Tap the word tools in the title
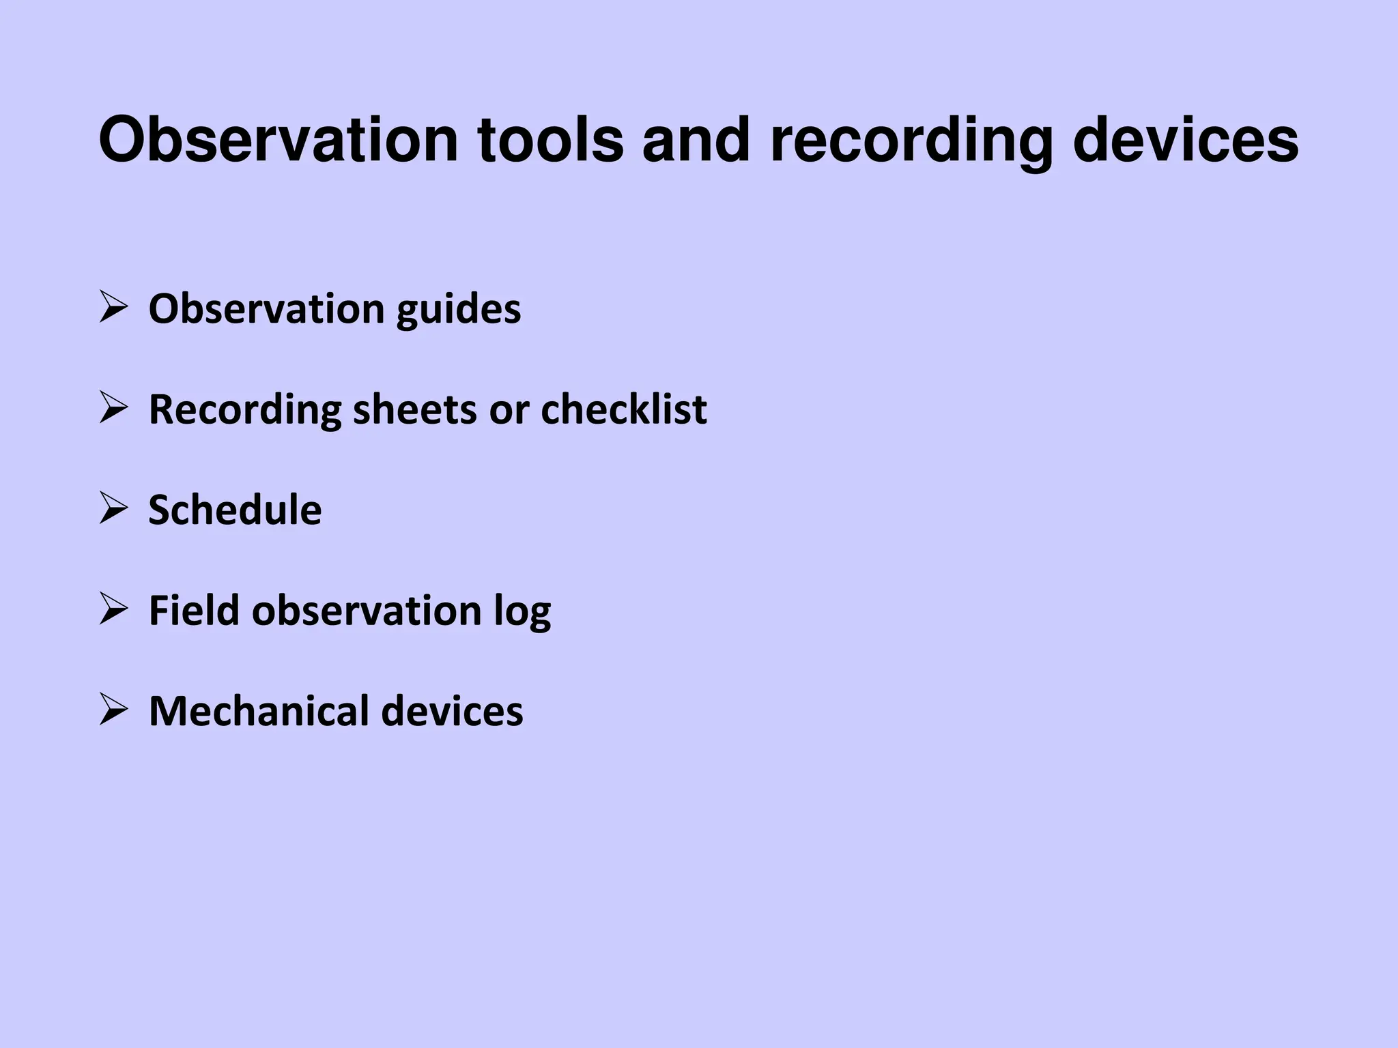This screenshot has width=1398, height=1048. [550, 140]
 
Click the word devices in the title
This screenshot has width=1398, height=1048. [1186, 140]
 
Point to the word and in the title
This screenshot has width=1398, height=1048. [696, 140]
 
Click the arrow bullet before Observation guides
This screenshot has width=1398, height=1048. [113, 307]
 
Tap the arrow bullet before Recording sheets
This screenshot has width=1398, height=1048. [113, 407]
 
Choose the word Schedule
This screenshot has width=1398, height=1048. [235, 510]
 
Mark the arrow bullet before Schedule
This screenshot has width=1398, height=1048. [113, 508]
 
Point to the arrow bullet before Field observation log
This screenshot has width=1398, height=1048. [113, 609]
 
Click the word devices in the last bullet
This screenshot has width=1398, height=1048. [452, 711]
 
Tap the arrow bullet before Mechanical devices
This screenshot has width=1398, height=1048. [113, 710]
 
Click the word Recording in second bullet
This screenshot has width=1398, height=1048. [244, 409]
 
